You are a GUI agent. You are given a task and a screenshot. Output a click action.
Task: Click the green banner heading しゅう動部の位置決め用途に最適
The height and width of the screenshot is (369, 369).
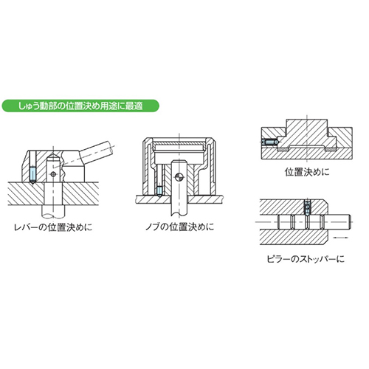tap(80, 106)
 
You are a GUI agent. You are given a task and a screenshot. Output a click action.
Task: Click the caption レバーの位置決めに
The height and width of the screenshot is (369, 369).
tap(53, 227)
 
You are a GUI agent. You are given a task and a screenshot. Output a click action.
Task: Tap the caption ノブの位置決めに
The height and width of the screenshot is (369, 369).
tap(180, 227)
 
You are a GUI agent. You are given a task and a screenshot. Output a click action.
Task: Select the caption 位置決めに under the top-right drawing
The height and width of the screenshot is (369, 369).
tap(307, 172)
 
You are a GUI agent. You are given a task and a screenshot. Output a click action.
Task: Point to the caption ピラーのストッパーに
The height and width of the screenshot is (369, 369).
tap(306, 259)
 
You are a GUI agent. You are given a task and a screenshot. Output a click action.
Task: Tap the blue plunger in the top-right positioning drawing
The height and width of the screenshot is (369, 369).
tap(270, 142)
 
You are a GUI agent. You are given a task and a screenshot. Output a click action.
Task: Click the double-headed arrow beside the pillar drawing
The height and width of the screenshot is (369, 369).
tap(342, 238)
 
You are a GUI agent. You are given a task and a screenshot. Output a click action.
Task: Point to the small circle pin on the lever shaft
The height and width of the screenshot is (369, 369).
tap(54, 174)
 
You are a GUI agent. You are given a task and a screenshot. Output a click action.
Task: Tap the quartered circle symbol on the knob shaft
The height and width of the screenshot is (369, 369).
tap(179, 177)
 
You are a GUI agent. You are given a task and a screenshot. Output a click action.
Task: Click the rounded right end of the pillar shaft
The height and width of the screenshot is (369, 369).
tap(350, 222)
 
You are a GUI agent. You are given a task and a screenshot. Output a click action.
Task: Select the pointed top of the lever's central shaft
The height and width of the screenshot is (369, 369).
tap(54, 157)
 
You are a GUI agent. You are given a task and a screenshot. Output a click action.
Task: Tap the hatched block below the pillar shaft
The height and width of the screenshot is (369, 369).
tap(293, 237)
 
